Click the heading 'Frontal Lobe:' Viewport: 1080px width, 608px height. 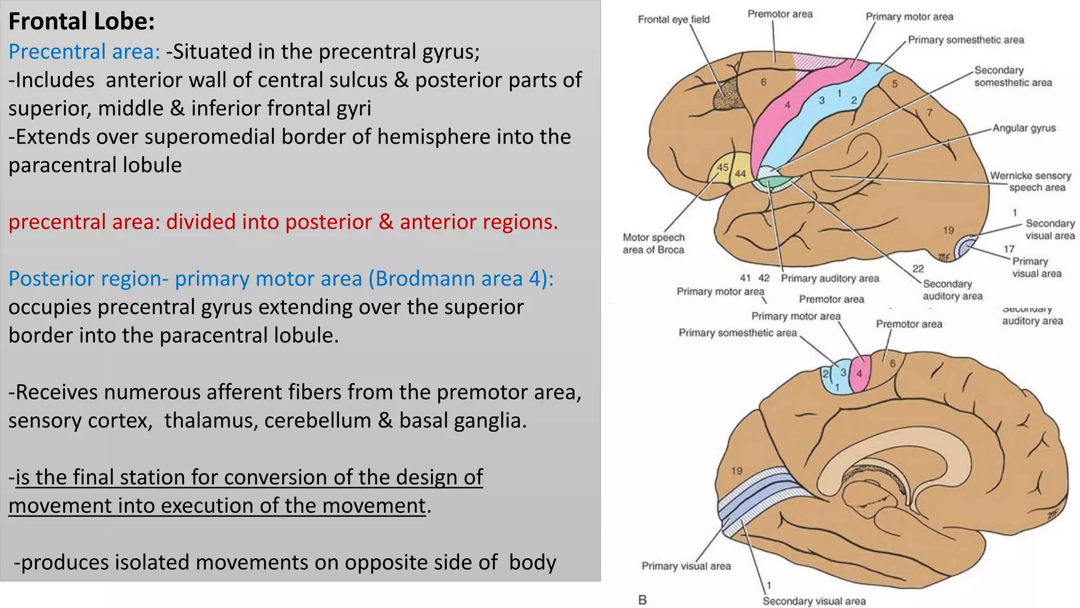[82, 22]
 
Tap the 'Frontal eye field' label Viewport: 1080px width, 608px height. [673, 20]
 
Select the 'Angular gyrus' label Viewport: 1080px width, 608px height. [1024, 128]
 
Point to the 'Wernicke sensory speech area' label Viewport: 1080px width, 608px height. [1030, 182]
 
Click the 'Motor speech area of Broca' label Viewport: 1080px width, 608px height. [653, 244]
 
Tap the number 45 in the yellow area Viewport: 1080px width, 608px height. [722, 167]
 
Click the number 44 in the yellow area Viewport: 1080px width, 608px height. [740, 174]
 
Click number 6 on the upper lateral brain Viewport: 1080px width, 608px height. [764, 82]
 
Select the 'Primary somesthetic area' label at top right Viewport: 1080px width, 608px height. [966, 40]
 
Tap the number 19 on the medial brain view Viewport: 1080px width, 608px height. [737, 470]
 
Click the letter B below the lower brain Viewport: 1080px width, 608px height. [642, 600]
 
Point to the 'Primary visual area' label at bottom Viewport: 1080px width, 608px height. [686, 566]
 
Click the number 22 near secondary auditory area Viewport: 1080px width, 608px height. [918, 269]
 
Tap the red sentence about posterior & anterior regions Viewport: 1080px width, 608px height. [283, 222]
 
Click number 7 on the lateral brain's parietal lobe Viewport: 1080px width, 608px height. [930, 112]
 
